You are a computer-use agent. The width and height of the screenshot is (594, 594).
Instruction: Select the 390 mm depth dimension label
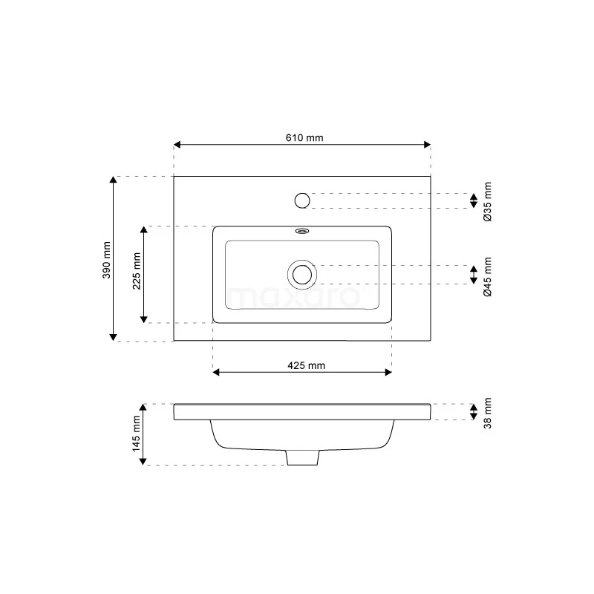click(105, 260)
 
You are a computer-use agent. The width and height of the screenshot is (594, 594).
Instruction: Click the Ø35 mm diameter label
click(488, 201)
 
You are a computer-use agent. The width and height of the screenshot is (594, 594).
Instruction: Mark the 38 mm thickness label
click(488, 413)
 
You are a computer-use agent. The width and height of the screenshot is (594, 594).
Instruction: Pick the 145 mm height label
click(136, 434)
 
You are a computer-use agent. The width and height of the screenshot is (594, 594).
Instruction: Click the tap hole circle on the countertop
click(301, 200)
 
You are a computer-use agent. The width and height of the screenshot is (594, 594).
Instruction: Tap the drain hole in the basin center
click(301, 275)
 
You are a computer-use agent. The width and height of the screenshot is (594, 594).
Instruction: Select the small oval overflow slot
click(301, 230)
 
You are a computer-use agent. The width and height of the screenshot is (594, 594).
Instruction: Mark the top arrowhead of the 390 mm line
click(113, 180)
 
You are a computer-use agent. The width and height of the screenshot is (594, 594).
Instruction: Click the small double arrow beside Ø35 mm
click(473, 200)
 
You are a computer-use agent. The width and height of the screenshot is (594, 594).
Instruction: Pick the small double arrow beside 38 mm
click(473, 412)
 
